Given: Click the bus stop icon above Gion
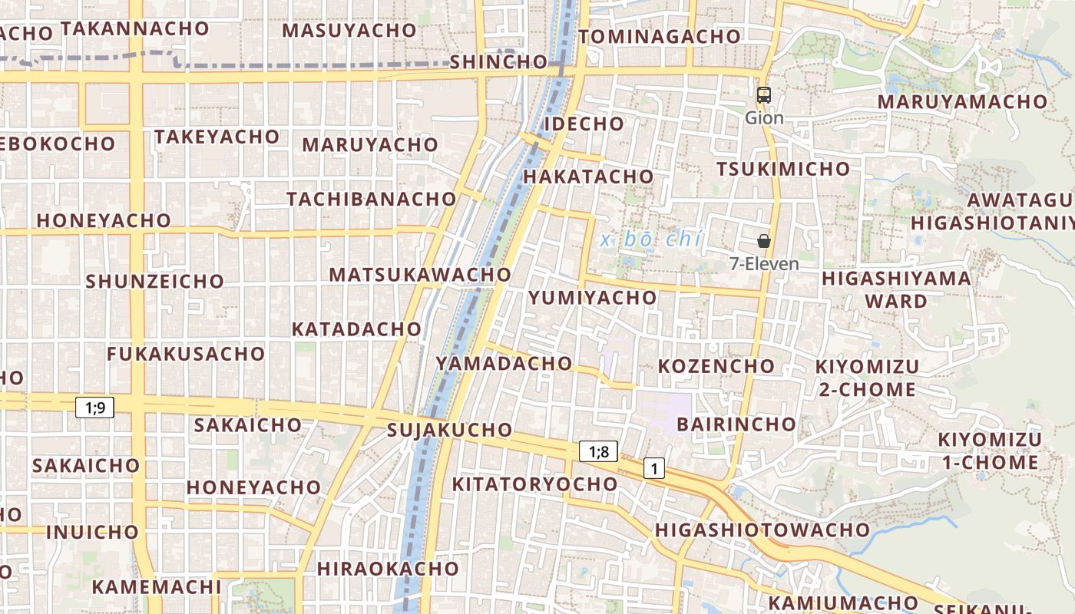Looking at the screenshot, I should pyautogui.click(x=763, y=95).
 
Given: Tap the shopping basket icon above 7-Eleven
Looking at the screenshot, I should pyautogui.click(x=763, y=241).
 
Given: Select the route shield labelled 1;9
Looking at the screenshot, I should pyautogui.click(x=95, y=408).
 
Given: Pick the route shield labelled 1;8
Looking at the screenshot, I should pyautogui.click(x=598, y=451).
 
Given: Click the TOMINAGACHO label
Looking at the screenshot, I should pyautogui.click(x=660, y=36).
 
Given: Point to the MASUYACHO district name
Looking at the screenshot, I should pyautogui.click(x=349, y=31).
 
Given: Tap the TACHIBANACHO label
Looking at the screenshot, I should pyautogui.click(x=372, y=199).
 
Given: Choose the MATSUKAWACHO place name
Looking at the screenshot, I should pyautogui.click(x=420, y=274).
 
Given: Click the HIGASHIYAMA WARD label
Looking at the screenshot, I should pyautogui.click(x=896, y=289).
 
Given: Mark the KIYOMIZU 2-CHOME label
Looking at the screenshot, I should pyautogui.click(x=866, y=378).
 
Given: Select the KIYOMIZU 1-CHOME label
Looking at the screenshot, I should pyautogui.click(x=989, y=451).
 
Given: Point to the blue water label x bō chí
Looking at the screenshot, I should pyautogui.click(x=651, y=239).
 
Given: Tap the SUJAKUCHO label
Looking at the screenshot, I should pyautogui.click(x=449, y=430).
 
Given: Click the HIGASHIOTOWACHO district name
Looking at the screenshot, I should pyautogui.click(x=762, y=530).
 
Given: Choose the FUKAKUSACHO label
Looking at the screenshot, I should pyautogui.click(x=186, y=354).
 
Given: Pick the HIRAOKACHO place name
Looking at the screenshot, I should pyautogui.click(x=388, y=569).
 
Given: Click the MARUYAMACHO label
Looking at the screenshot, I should pyautogui.click(x=963, y=101).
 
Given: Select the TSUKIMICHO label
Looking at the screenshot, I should pyautogui.click(x=783, y=169).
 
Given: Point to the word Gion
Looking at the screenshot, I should pyautogui.click(x=764, y=118).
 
